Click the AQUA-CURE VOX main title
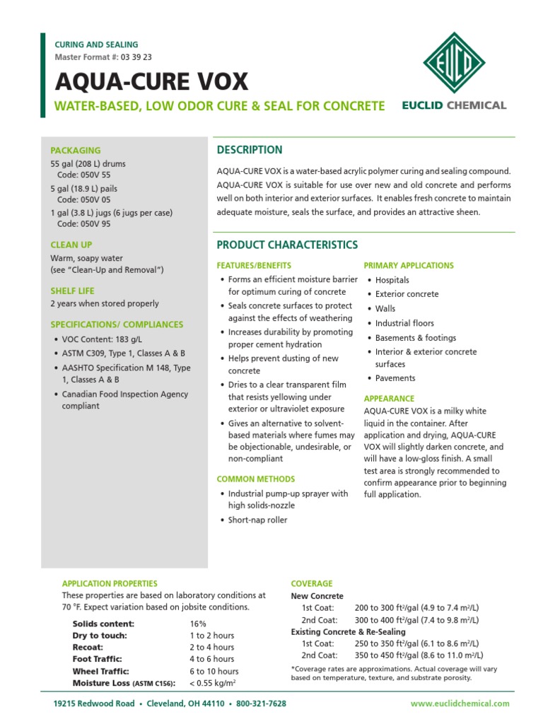click(152, 82)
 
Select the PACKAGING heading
click(76, 151)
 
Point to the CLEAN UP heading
click(71, 245)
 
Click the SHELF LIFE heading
click(72, 291)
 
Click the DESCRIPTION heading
click(249, 150)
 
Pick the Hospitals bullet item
click(397, 281)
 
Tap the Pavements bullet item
click(395, 378)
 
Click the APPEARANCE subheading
click(389, 399)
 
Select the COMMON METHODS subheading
click(256, 479)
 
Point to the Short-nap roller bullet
click(257, 520)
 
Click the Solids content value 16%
click(197, 624)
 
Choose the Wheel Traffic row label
click(102, 671)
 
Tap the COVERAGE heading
click(312, 583)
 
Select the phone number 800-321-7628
click(260, 703)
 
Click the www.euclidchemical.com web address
click(460, 703)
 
